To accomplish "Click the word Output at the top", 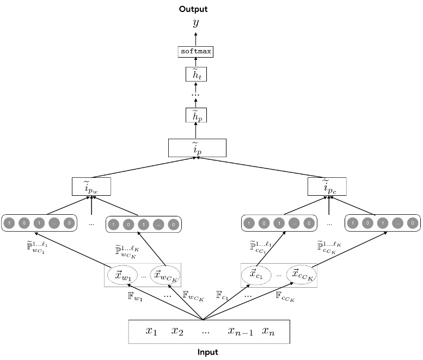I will pos(196,9).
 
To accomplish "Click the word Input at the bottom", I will pos(207,352).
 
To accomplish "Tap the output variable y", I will pos(196,23).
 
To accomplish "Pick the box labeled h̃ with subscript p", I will pos(196,115).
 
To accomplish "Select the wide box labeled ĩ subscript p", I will pos(197,148).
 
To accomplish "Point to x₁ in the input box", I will pos(151,331).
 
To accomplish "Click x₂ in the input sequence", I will pos(178,331).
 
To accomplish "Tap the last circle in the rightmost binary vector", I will pos(413,222).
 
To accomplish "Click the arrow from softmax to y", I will pos(196,38).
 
